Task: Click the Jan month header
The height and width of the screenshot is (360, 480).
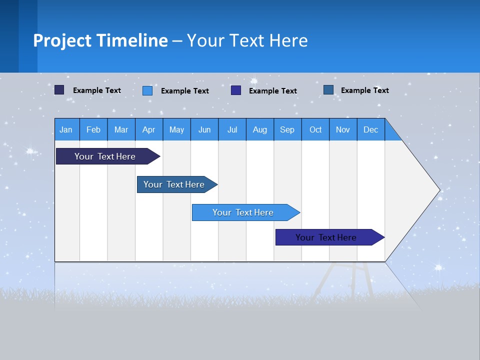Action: coord(66,129)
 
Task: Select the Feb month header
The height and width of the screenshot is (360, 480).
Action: coord(93,129)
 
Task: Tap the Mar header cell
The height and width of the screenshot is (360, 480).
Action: coord(121,129)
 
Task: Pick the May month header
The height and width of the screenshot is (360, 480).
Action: coord(176,129)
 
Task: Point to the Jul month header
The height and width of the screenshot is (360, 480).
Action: coord(232,129)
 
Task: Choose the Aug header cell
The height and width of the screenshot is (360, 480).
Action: coord(259,129)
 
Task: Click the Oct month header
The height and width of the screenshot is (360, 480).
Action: coord(315,129)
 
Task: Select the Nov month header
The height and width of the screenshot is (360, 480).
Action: coord(343,129)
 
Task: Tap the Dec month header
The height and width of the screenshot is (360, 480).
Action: coord(370,129)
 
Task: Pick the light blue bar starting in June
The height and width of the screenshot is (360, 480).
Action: coord(243,212)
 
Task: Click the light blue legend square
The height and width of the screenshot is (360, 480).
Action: coord(147,90)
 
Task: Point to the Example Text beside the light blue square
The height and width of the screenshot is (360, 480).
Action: coord(185,91)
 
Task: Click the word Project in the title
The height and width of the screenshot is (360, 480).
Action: coord(62,40)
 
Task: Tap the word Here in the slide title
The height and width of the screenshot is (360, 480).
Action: coord(288,40)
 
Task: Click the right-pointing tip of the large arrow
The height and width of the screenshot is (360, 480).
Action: coord(437,190)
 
